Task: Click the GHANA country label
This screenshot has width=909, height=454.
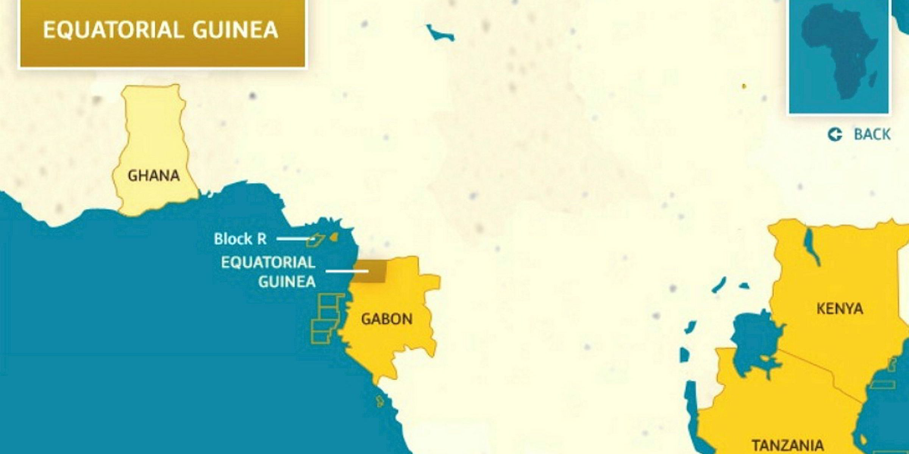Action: click(x=153, y=176)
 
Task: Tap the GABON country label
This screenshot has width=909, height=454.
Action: click(x=386, y=319)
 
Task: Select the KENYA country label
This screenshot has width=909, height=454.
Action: click(x=839, y=309)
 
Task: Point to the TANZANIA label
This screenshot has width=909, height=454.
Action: click(x=788, y=445)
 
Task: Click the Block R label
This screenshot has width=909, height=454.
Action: click(x=240, y=239)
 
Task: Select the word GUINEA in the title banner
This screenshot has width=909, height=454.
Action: click(x=235, y=30)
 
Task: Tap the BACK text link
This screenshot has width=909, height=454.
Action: click(x=872, y=134)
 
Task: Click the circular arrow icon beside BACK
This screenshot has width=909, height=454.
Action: click(x=835, y=134)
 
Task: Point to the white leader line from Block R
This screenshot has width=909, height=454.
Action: click(x=294, y=239)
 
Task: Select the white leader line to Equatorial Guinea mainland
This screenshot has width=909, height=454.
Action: click(x=347, y=271)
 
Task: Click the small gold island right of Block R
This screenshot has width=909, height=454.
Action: click(x=333, y=237)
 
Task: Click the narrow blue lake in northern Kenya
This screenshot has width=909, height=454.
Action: click(x=812, y=246)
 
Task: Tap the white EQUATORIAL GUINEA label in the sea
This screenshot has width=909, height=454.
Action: click(x=268, y=272)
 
